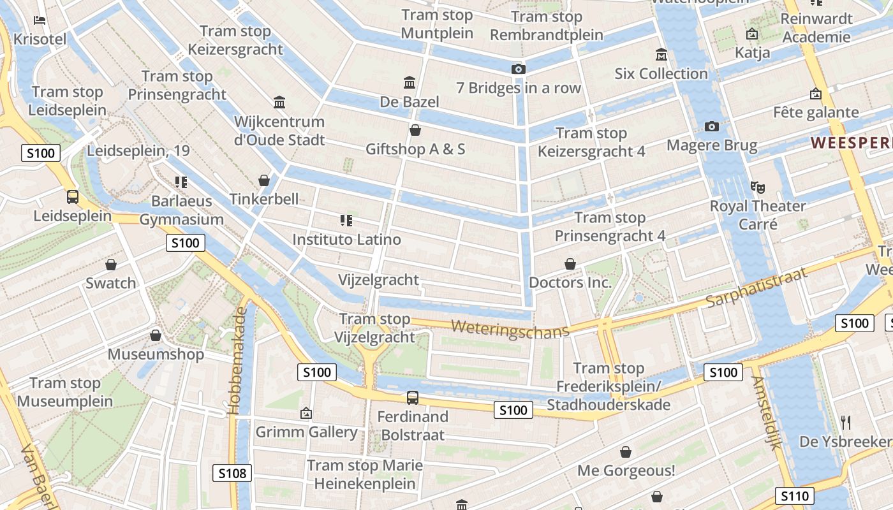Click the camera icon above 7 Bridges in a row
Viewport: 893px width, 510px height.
519,69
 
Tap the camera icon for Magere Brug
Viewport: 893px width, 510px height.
712,126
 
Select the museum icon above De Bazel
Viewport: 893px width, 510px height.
410,82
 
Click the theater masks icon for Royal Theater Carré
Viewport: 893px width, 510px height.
758,187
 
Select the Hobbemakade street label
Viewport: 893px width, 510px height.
239,360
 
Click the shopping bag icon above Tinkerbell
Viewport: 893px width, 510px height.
264,180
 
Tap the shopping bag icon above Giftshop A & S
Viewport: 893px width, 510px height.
415,130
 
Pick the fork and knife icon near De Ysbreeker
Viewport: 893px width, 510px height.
846,422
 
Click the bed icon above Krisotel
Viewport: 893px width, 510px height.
40,20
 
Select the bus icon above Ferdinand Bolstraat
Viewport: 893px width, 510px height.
413,398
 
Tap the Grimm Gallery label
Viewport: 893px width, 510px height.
306,432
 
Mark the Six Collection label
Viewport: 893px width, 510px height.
661,74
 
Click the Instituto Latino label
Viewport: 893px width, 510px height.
346,240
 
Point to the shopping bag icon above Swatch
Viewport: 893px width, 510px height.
111,264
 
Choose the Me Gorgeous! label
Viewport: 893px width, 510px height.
626,471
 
